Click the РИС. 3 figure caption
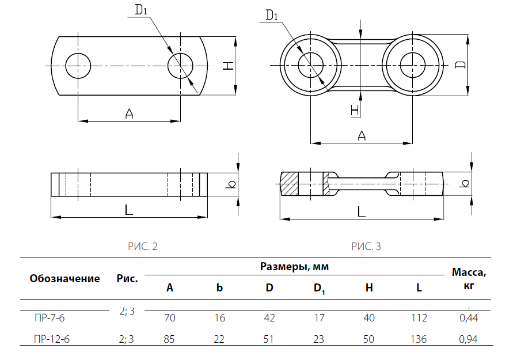coord(366,247)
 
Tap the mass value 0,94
coord(468,339)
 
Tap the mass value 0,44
coord(468,317)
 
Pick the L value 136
coord(419,339)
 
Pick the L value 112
coord(419,317)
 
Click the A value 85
coord(169,339)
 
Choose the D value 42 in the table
coord(269,317)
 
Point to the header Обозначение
coord(64,279)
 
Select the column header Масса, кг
coord(469,278)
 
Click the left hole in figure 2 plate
coord(78,65)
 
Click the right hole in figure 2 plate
coord(181,65)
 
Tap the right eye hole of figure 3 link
coord(412,63)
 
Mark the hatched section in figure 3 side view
coord(290,183)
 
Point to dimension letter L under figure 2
coord(129,210)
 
